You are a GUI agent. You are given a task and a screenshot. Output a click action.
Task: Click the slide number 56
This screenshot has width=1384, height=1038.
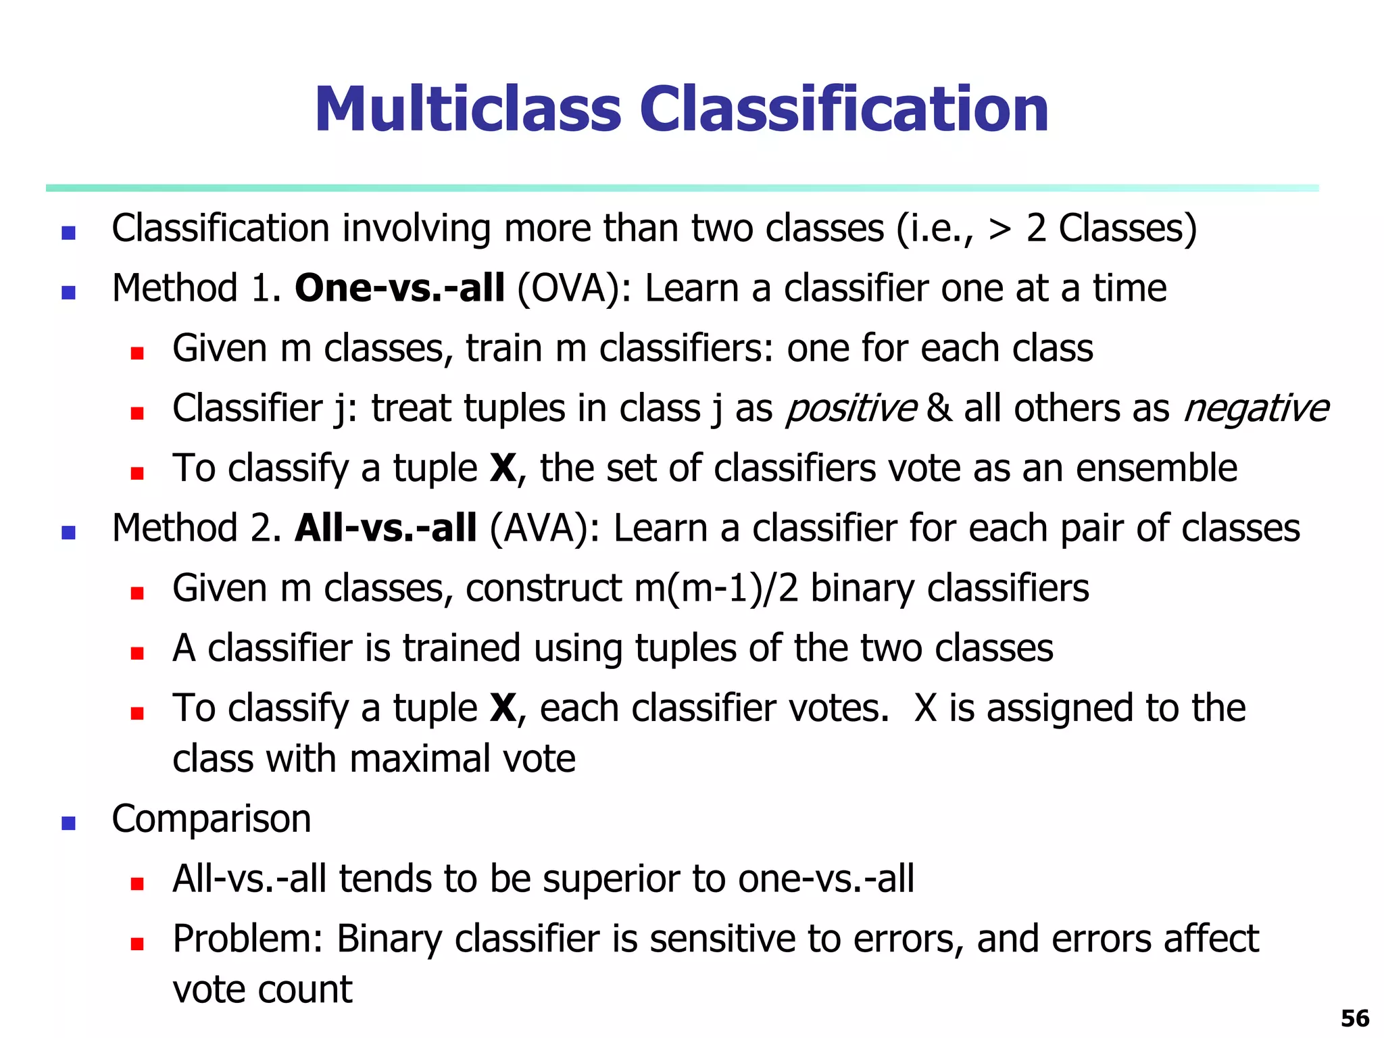[1354, 1018]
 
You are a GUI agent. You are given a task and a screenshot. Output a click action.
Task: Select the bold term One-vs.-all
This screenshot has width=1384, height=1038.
[399, 289]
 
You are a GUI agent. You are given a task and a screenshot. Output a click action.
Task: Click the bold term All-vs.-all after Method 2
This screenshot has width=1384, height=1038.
[386, 528]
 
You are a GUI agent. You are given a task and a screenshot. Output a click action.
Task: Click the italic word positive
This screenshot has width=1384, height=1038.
[851, 410]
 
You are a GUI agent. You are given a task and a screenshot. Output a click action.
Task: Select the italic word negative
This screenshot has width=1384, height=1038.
[1256, 410]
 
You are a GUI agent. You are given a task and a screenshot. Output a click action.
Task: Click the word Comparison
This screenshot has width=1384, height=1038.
[211, 819]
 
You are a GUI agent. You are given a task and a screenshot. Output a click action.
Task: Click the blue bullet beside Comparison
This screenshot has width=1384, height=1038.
[68, 823]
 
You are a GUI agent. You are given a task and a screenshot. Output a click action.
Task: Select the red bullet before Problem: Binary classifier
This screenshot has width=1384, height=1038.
[137, 943]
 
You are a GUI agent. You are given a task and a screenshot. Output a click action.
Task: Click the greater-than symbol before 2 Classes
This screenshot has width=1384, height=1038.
[999, 230]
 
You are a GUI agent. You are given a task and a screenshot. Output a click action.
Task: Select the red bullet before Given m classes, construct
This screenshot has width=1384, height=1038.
[137, 593]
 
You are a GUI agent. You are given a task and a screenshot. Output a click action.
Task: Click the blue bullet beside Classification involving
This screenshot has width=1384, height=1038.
[68, 233]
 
